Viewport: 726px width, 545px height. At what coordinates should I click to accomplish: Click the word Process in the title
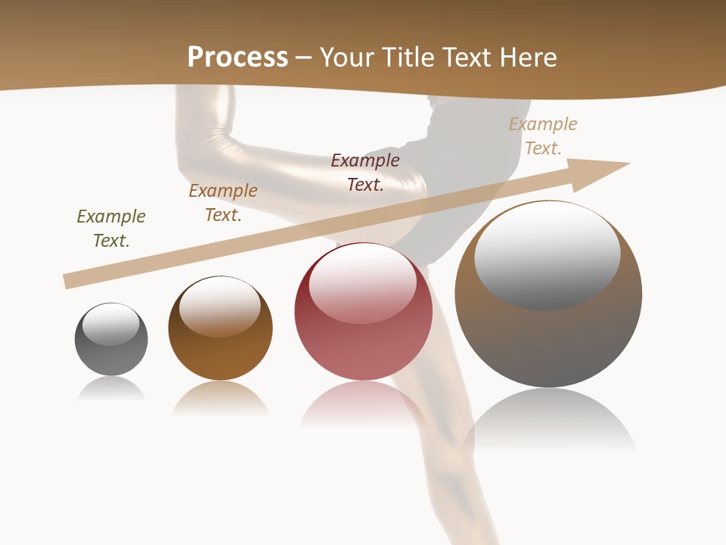pos(237,58)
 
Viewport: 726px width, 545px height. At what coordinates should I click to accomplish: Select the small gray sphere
pos(111,339)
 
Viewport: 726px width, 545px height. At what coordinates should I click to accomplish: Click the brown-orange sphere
pos(220,328)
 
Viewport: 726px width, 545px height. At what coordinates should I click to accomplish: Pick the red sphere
pos(363,312)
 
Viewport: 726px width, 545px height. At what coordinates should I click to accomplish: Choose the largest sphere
pos(548,294)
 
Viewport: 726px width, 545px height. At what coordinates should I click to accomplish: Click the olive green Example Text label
pos(111,229)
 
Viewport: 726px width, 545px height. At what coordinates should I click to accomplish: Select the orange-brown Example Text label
pos(223,203)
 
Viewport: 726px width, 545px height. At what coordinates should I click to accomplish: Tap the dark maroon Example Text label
pos(365,173)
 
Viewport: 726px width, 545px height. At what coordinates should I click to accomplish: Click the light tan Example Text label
pos(543,136)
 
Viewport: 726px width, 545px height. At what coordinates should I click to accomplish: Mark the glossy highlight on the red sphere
pos(362,283)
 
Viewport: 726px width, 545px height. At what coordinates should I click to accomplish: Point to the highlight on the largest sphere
pos(547,256)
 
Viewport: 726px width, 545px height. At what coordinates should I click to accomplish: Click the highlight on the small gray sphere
pos(111,324)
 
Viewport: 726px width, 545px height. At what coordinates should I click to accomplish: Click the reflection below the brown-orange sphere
pos(220,398)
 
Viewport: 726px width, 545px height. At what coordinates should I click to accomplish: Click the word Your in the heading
pos(346,58)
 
